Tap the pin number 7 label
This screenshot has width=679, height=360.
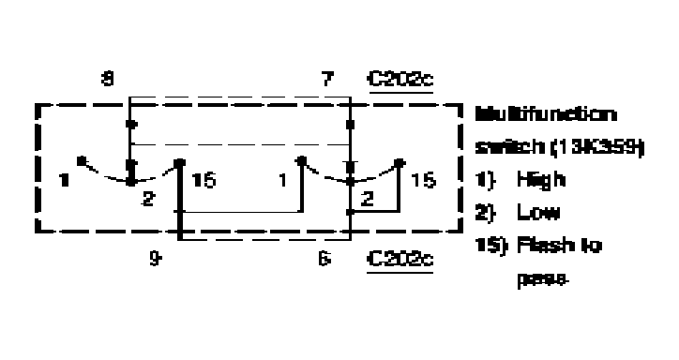(327, 82)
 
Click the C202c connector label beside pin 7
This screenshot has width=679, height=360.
(400, 82)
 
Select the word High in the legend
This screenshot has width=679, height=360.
(534, 179)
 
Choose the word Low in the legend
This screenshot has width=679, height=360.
(532, 213)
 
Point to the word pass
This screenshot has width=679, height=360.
(532, 278)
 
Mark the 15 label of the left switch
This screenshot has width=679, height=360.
(204, 180)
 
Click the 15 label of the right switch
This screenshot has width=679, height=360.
(425, 180)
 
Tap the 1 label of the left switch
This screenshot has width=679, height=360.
(62, 180)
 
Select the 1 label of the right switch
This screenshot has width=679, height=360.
(282, 180)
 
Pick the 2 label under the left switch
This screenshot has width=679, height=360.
(148, 200)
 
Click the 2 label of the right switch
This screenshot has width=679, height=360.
(367, 200)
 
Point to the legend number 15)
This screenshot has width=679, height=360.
(488, 246)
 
